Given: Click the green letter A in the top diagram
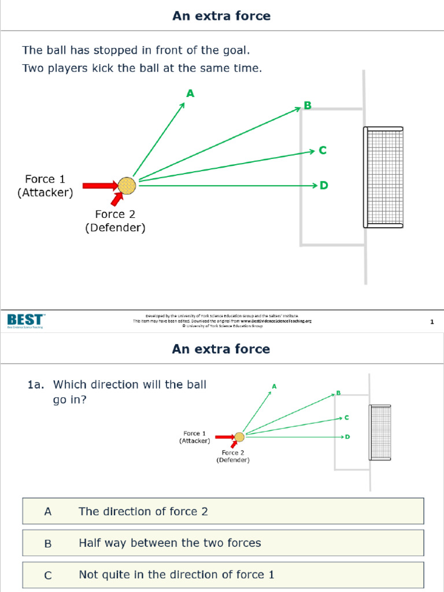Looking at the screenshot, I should point(190,93).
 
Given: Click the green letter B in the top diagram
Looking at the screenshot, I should point(308,105).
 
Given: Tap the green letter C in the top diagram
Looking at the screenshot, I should point(323,150).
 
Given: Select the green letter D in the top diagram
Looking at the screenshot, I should point(324,186).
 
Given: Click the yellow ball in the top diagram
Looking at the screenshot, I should point(127,186).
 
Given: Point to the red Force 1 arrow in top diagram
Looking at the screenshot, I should point(99,186).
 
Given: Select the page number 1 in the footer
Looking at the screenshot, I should point(432,322).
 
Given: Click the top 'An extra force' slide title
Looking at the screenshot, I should point(221,16).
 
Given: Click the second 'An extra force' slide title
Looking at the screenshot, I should point(221,349).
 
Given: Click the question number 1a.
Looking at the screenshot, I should point(36,384).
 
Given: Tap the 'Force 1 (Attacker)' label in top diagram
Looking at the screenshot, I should point(45,186).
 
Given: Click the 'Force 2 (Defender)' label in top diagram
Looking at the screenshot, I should point(115,221).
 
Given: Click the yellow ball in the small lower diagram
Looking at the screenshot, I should point(239,437).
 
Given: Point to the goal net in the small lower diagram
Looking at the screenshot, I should point(380,432).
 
